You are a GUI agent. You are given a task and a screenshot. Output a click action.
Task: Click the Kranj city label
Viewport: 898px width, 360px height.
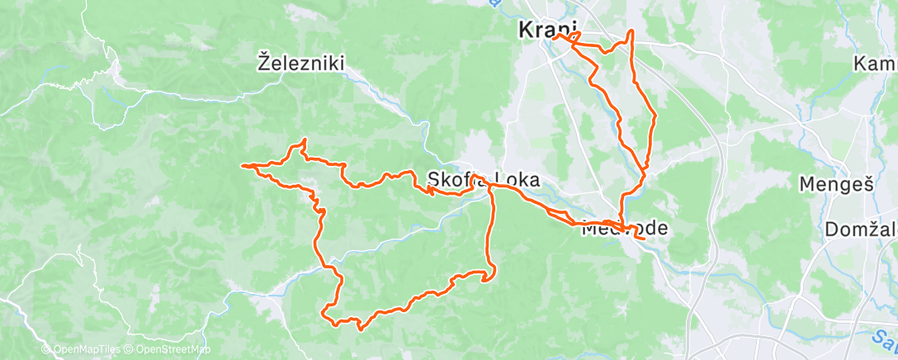tap(547, 31)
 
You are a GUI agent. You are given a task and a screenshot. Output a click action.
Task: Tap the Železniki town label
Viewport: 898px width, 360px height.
tap(300, 62)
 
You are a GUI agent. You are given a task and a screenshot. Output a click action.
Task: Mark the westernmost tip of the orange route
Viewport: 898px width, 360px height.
tap(241, 166)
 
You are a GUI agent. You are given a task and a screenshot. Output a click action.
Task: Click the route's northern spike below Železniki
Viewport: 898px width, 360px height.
tap(305, 140)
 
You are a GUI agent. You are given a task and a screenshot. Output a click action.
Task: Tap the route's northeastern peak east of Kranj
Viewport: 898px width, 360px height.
tap(631, 31)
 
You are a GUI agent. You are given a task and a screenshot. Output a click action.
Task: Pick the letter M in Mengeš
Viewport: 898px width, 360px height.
tap(807, 183)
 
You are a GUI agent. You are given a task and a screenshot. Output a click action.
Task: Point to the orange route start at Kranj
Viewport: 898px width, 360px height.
tap(555, 36)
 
